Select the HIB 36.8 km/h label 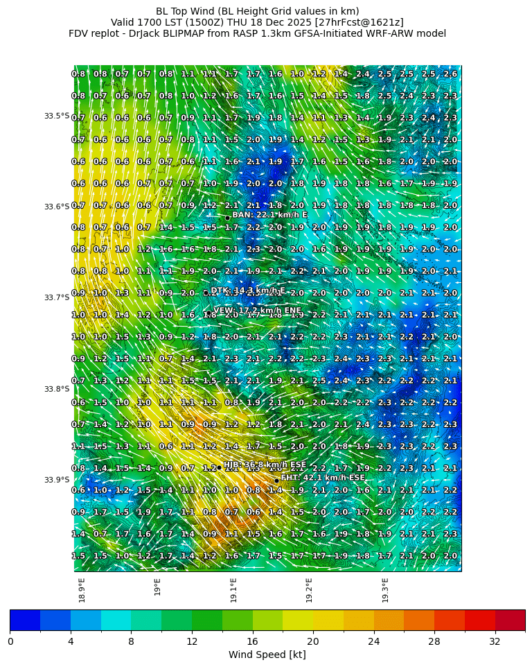tap(265, 465)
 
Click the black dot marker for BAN tap(227, 218)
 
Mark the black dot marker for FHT tap(276, 480)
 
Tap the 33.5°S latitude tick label tap(57, 116)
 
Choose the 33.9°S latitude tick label tap(57, 480)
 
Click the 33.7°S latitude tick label tap(57, 297)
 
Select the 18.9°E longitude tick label tap(82, 589)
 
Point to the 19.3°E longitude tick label tap(385, 589)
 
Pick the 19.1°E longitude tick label tap(233, 589)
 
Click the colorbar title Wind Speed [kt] tap(267, 655)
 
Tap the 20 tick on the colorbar tap(313, 641)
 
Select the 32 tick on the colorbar tap(495, 641)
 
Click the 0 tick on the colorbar tap(10, 641)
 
